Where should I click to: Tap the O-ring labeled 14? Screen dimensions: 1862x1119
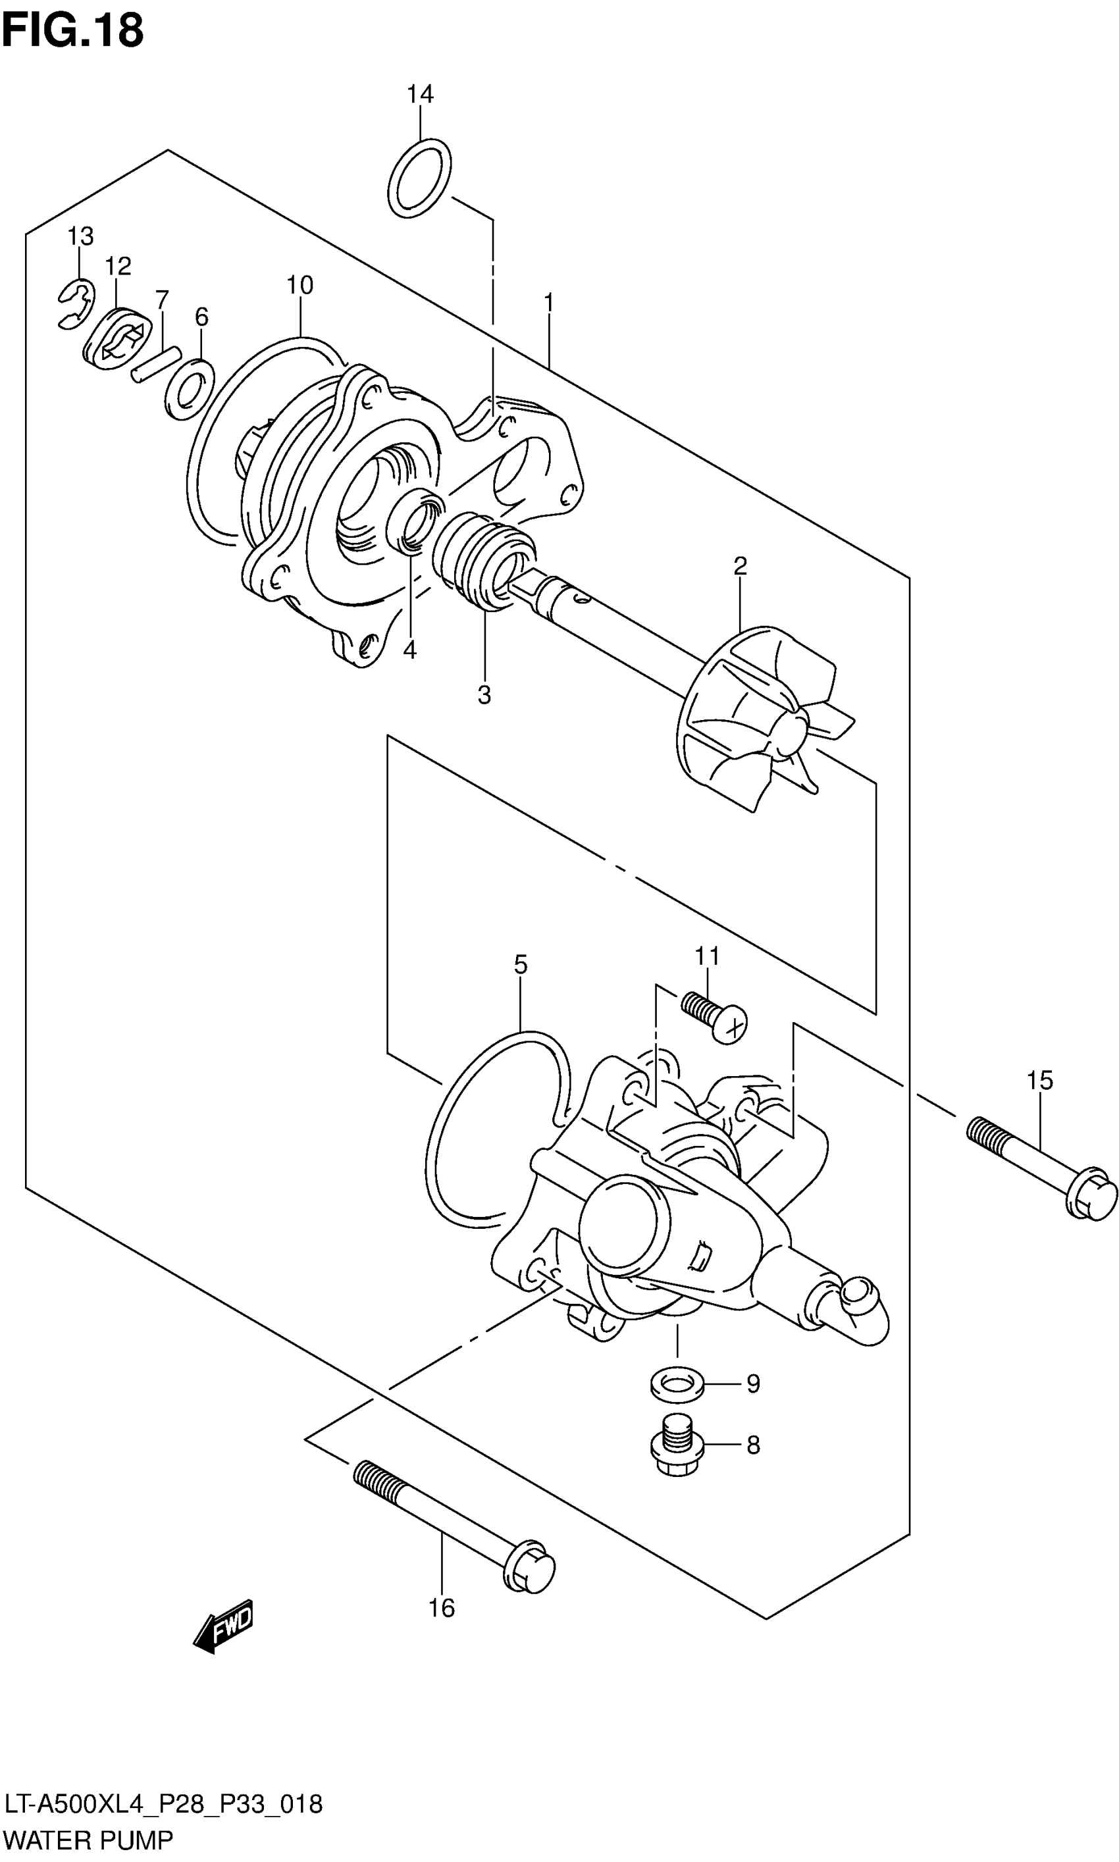point(419,178)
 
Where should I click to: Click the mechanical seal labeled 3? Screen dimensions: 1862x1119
point(482,559)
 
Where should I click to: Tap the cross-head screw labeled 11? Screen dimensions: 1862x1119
point(715,1016)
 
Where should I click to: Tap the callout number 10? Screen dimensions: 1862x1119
point(299,285)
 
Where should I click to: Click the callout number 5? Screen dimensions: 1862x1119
point(520,964)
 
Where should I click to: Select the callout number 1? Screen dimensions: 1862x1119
point(549,302)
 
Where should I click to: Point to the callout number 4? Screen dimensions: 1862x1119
point(409,650)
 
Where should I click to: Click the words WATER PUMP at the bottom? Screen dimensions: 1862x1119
point(88,1840)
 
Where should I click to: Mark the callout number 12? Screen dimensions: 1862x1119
point(118,265)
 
